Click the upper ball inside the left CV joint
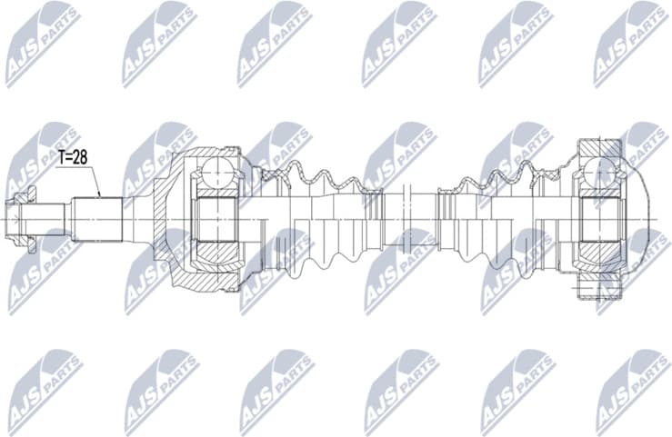tap(216, 172)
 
